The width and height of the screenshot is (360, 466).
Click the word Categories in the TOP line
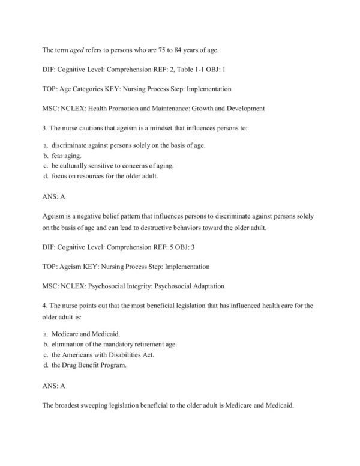coord(94,88)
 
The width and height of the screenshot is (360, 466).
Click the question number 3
coord(44,128)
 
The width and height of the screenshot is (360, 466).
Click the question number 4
coord(44,306)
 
